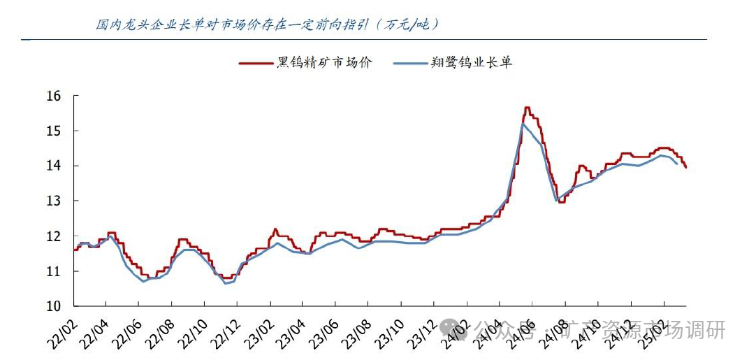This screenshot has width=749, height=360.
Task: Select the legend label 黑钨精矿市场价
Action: click(324, 63)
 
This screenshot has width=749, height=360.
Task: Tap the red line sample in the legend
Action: click(256, 64)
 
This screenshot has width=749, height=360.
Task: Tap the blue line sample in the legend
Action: click(409, 64)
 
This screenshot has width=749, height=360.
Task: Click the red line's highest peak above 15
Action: click(527, 108)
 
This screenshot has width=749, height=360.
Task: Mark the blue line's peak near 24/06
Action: click(523, 124)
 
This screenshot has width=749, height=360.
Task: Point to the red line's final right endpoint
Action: click(685, 167)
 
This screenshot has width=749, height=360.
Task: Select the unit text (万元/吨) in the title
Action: click(408, 24)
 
